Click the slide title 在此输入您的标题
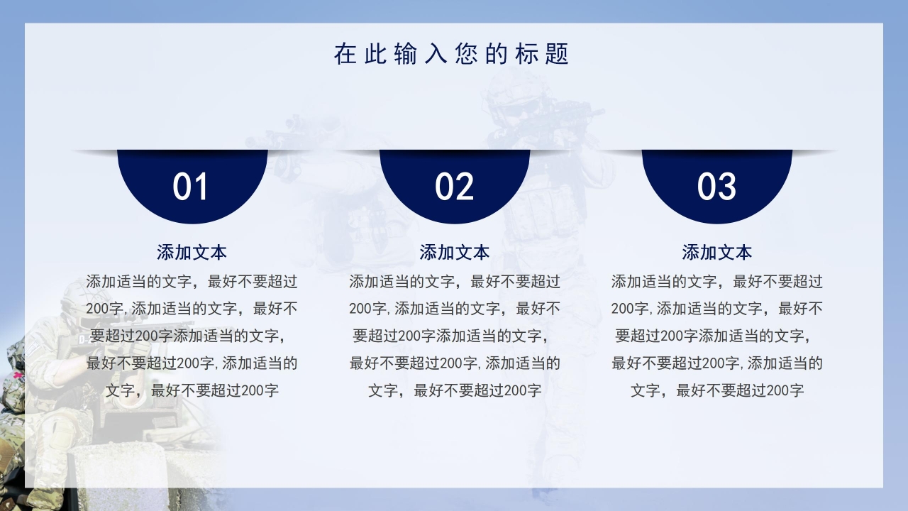tap(452, 54)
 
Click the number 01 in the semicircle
tap(191, 187)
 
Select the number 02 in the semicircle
tap(454, 187)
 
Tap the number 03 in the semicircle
tap(716, 187)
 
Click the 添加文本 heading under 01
tap(192, 252)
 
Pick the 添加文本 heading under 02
tap(454, 252)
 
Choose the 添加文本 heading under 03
tap(716, 252)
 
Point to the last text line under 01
tap(192, 390)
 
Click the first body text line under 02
tap(454, 282)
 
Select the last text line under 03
tap(716, 390)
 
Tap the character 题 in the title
tap(558, 54)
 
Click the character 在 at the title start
tap(345, 54)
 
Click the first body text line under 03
tap(716, 282)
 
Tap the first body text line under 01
tap(192, 282)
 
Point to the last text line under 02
tap(454, 390)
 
